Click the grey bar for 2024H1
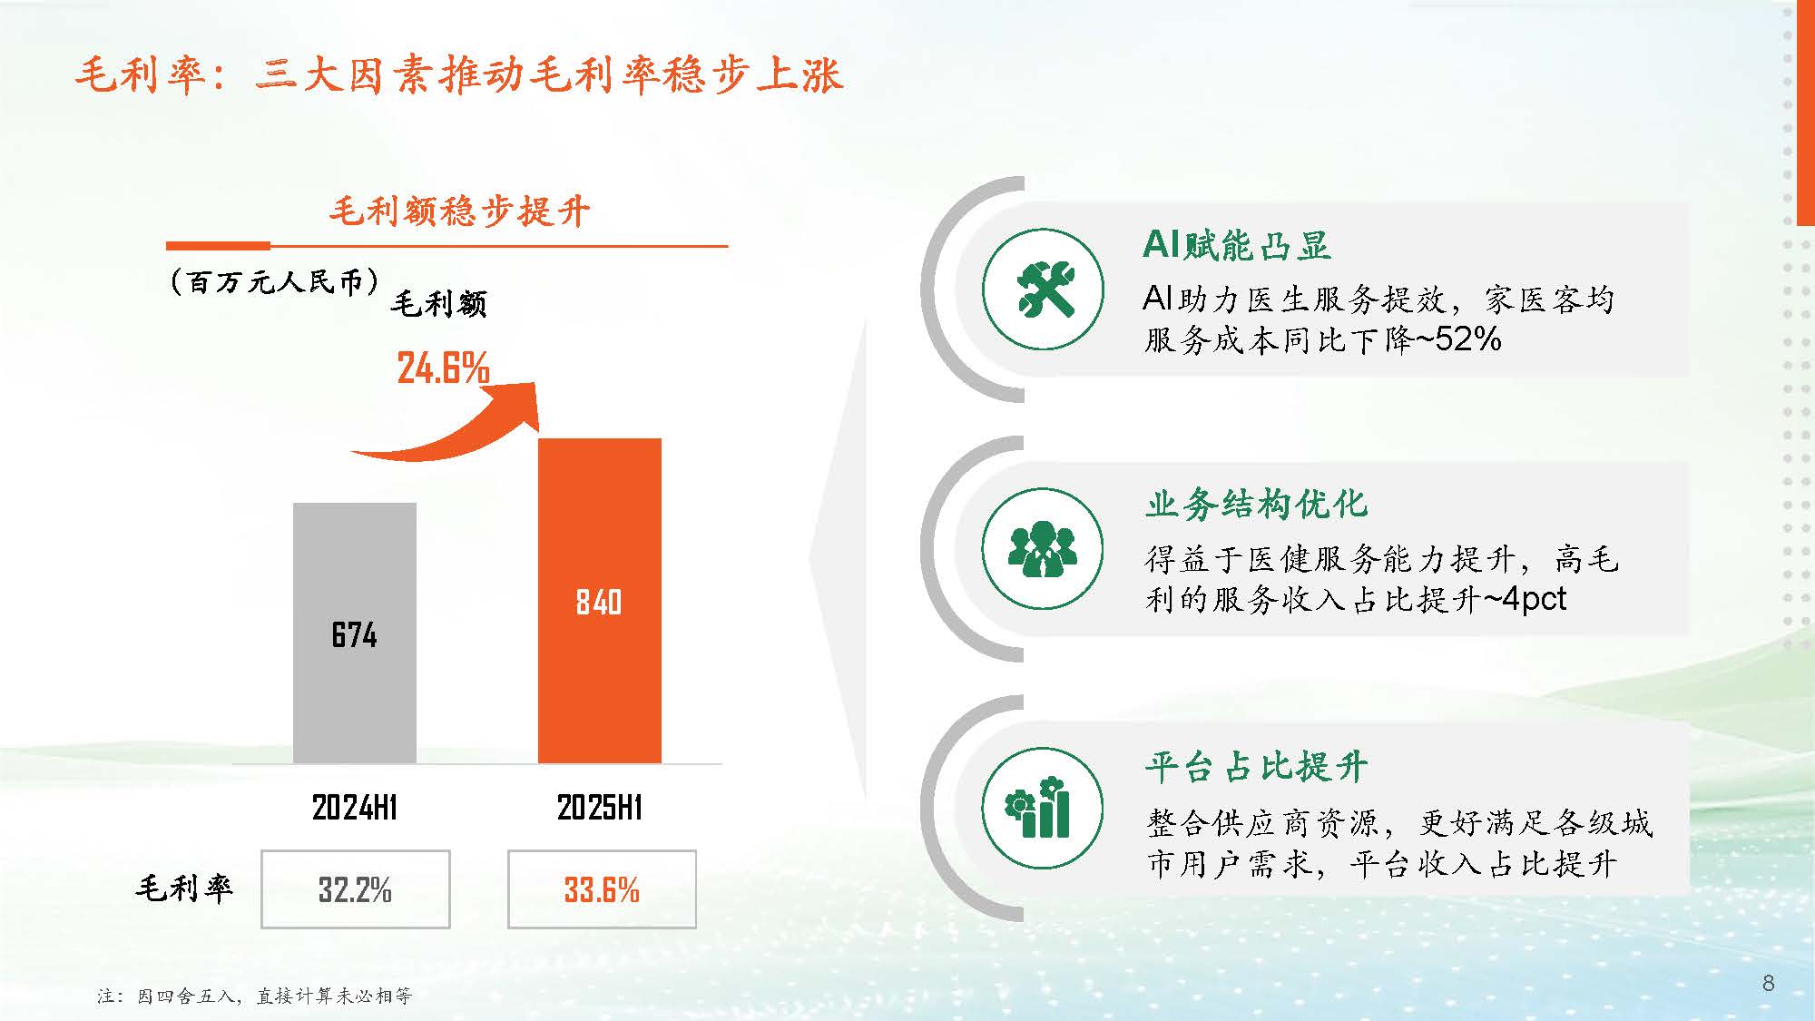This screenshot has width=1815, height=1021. [355, 633]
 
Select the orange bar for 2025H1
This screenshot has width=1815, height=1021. [600, 601]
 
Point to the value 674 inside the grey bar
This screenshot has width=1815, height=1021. [354, 634]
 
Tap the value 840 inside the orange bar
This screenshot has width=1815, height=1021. [599, 602]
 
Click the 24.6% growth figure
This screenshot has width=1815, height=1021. [443, 368]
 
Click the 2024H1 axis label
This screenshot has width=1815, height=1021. [355, 807]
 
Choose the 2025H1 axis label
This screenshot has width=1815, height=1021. [600, 807]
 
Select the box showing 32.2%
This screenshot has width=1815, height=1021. [356, 889]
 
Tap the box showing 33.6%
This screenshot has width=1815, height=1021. [602, 889]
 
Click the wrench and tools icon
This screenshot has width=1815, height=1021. [1043, 290]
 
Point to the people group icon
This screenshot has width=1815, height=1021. [1043, 549]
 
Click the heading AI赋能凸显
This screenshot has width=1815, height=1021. [1237, 245]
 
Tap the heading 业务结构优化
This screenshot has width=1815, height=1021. [1256, 505]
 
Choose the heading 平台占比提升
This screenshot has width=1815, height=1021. [1256, 767]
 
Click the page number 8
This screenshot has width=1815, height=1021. [1768, 983]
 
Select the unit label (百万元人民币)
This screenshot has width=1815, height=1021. [273, 281]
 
